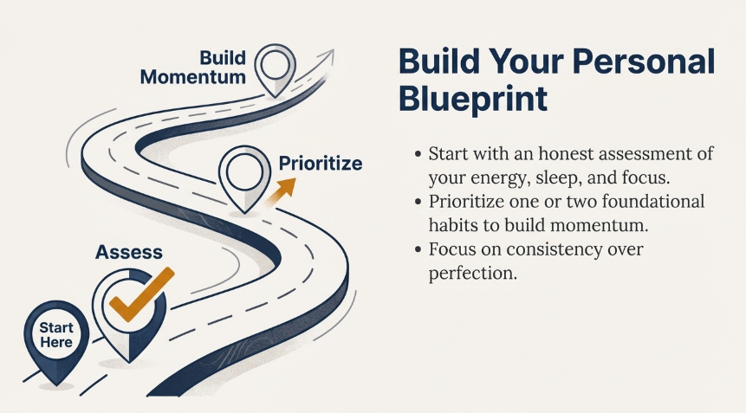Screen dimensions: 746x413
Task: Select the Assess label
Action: click(129, 252)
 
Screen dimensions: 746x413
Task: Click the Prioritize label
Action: click(321, 163)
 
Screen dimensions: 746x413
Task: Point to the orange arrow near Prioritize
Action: click(282, 191)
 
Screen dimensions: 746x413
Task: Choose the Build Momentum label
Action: click(193, 68)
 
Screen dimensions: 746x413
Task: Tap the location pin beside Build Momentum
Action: click(275, 70)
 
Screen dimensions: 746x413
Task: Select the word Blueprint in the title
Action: click(472, 99)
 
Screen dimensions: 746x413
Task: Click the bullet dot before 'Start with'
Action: click(418, 154)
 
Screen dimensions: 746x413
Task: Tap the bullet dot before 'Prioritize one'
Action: click(418, 202)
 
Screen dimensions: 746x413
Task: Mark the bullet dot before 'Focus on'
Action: click(418, 249)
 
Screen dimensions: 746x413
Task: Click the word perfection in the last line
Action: click(472, 274)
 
